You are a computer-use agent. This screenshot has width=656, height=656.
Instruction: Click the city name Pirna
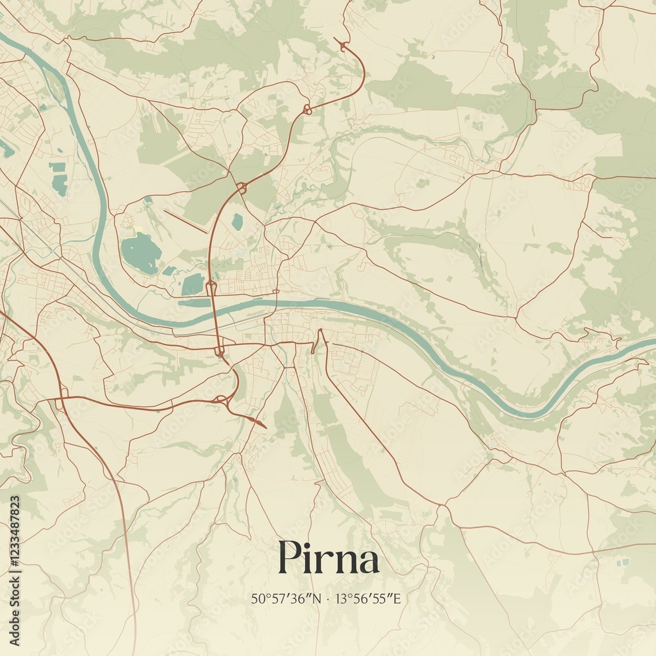[328, 559]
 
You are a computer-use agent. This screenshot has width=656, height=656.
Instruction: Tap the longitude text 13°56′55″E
[369, 598]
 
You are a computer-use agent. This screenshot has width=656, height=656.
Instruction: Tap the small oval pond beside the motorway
[237, 222]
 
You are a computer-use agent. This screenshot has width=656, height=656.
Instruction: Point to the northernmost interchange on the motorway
[306, 110]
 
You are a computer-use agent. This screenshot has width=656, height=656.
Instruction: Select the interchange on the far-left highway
[60, 398]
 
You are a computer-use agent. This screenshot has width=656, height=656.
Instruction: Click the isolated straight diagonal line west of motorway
[185, 222]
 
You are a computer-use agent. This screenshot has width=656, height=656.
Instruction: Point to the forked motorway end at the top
[341, 43]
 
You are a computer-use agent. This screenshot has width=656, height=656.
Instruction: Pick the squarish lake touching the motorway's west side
[193, 284]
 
